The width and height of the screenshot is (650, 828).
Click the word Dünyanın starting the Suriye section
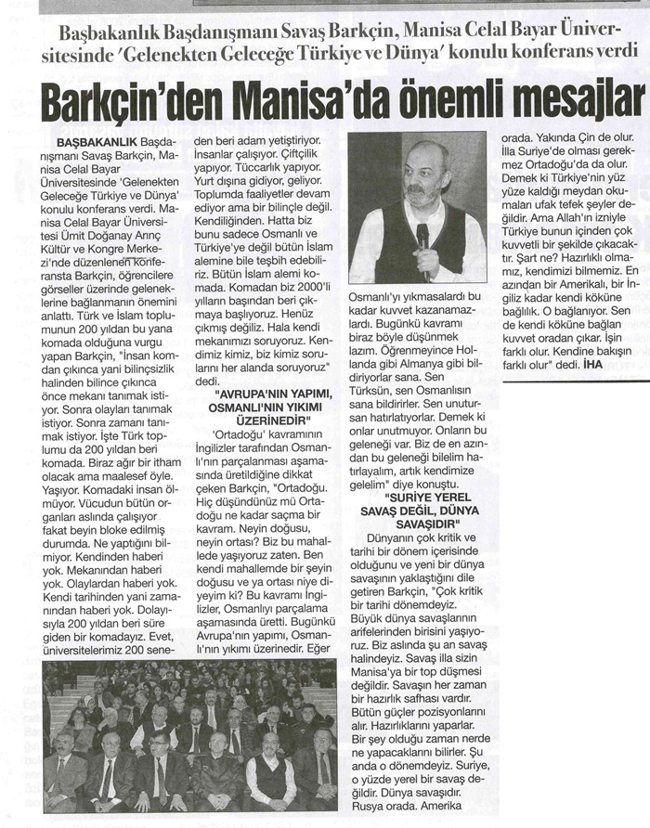[395, 538]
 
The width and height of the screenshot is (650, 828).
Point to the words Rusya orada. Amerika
[419, 805]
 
